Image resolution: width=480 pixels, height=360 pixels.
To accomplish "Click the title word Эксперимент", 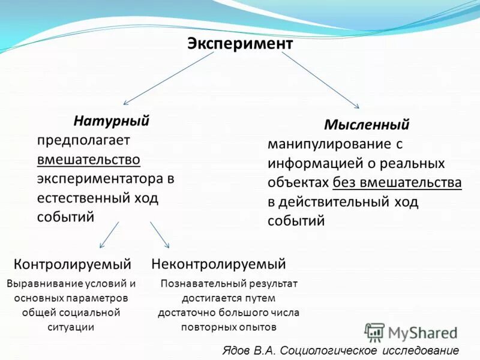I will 240,44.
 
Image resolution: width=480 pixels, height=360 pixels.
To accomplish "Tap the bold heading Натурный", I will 112,121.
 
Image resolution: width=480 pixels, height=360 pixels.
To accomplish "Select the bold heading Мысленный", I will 367,125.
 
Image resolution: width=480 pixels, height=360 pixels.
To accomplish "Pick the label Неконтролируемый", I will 218,264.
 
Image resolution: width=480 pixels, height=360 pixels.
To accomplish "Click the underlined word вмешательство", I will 89,160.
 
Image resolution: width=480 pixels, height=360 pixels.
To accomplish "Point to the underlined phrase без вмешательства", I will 397,182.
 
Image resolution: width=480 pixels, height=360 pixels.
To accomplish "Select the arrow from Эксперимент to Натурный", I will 169,78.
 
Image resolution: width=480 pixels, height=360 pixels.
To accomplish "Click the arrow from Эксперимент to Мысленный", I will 320,79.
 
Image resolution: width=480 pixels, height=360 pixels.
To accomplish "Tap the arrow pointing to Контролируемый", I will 109,235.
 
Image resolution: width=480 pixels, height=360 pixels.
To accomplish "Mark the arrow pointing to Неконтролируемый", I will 160,235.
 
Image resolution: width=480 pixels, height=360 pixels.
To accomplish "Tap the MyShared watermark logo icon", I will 374,332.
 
